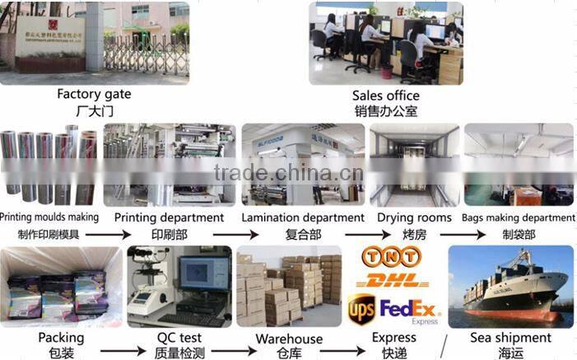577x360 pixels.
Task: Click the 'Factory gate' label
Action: pyautogui.click(x=94, y=95)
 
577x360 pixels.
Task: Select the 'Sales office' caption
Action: pyautogui.click(x=385, y=96)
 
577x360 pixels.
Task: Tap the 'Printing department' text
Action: pyautogui.click(x=169, y=218)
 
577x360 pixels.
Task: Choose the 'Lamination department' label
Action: pyautogui.click(x=303, y=218)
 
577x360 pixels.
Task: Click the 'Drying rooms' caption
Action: pyautogui.click(x=414, y=218)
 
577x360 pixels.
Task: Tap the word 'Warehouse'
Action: pyautogui.click(x=288, y=339)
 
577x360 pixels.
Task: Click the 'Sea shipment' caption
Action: pyautogui.click(x=510, y=338)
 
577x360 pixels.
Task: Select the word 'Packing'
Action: pyautogui.click(x=60, y=338)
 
